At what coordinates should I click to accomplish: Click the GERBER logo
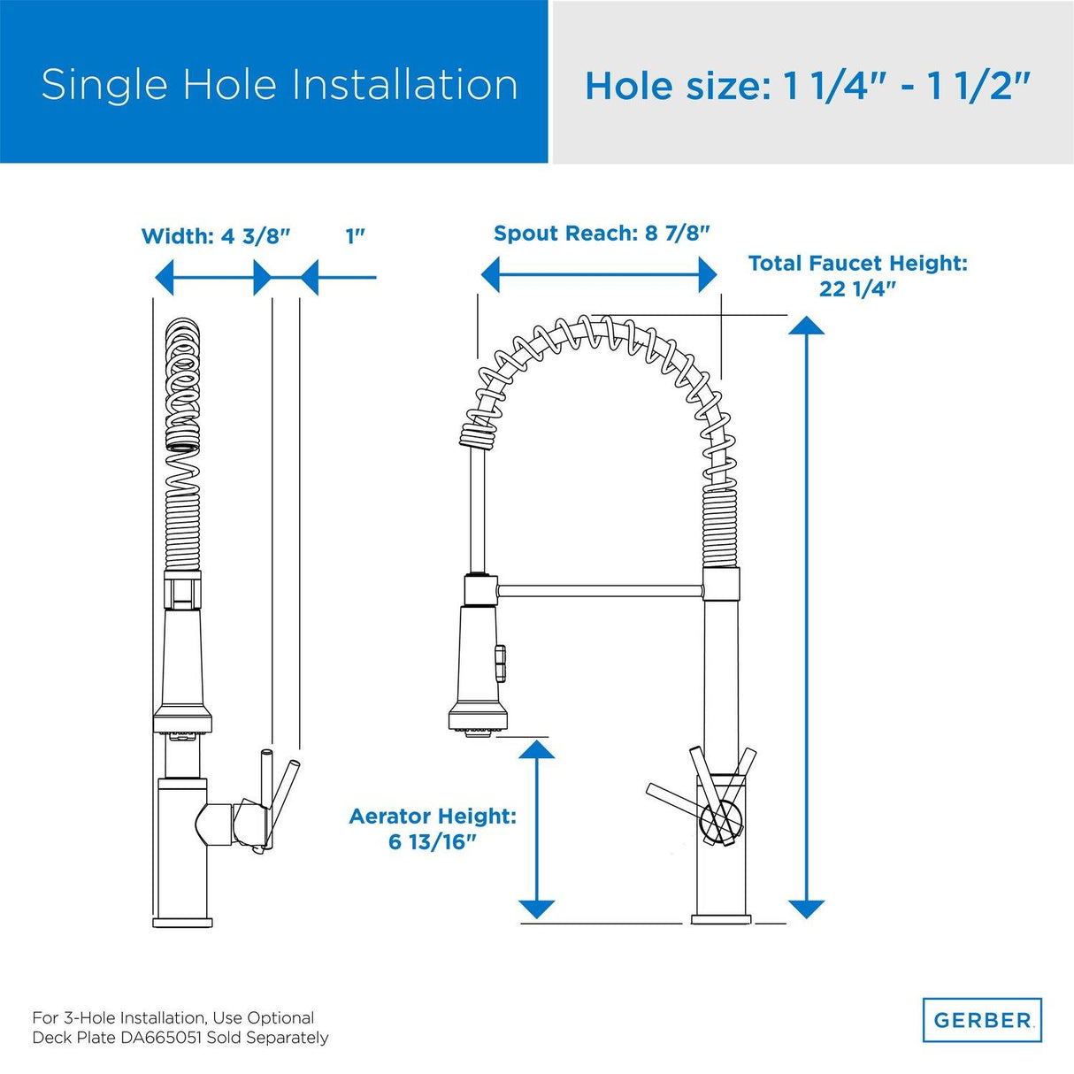[x=982, y=1020]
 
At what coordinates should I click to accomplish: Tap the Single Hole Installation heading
[x=280, y=85]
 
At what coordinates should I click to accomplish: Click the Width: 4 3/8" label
[x=216, y=236]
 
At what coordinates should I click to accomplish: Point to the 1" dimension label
[x=356, y=236]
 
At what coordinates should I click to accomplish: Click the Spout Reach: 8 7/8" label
[x=602, y=234]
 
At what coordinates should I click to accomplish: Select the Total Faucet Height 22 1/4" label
[x=857, y=275]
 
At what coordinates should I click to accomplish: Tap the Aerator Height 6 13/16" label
[x=433, y=828]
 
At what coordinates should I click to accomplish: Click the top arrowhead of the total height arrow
[x=806, y=326]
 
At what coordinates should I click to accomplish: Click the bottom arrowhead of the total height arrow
[x=806, y=909]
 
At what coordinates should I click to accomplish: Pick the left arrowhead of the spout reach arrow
[x=491, y=274]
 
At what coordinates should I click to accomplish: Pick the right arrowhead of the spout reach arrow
[x=707, y=274]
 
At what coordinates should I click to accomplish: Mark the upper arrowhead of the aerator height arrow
[x=536, y=750]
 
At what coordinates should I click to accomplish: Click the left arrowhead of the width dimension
[x=164, y=277]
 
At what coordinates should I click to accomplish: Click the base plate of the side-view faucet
[x=182, y=922]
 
